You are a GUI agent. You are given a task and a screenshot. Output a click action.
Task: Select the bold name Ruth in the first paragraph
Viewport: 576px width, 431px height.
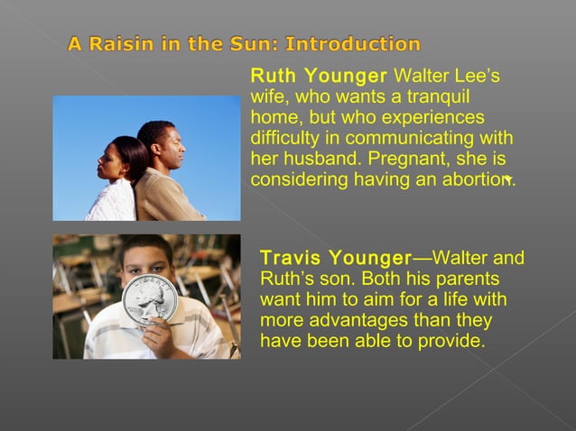coord(272,75)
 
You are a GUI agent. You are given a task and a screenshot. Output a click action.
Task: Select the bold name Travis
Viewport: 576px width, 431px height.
coord(291,259)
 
